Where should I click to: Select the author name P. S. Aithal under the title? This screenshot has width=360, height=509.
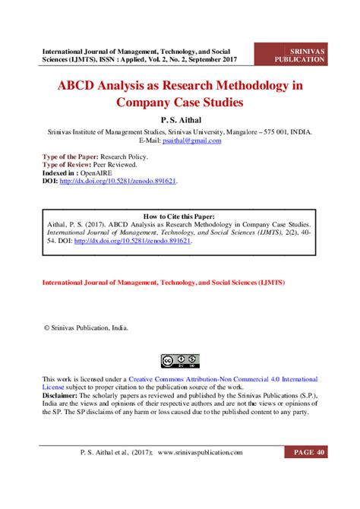(x=180, y=119)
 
